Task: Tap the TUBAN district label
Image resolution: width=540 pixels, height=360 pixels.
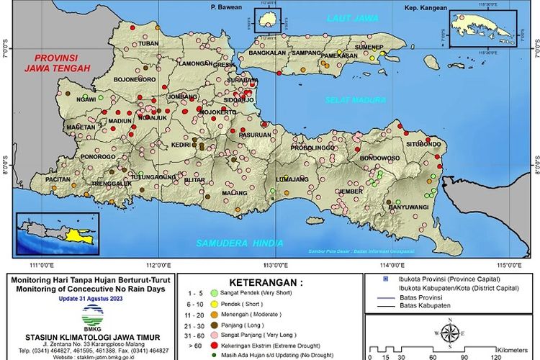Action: pos(148,44)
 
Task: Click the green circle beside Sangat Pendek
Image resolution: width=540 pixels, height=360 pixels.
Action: pos(214,294)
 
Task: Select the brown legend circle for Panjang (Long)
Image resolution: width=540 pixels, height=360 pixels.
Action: pos(214,325)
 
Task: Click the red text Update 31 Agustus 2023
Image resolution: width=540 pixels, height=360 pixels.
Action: pos(91,298)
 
